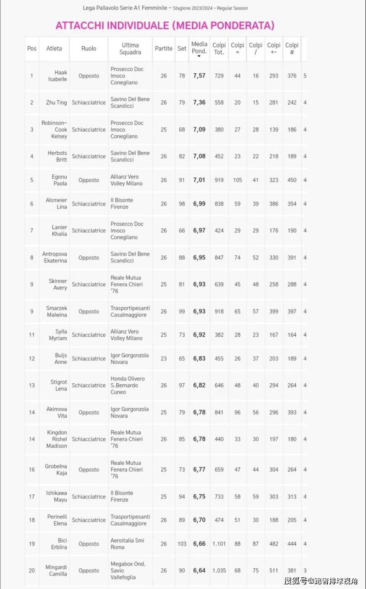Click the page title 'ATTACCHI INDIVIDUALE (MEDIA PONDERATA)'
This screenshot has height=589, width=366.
165,25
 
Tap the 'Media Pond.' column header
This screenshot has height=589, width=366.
199,48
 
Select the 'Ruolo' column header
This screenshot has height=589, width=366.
89,49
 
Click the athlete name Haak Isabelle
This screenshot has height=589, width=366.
58,76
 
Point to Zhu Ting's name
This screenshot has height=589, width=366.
56,103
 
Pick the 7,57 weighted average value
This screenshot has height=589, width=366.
199,76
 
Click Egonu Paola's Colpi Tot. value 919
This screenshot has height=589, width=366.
219,180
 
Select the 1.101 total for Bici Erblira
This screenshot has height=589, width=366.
219,544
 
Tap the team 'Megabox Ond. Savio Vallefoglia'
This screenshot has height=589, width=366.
128,570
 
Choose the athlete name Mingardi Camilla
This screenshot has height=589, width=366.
56,570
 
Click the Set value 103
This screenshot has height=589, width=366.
182,544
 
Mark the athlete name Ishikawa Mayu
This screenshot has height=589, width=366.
57,497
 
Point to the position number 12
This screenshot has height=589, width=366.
32,359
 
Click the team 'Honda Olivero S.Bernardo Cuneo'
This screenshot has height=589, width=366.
128,385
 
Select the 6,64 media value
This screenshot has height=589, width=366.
199,570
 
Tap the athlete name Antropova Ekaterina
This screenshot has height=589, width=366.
55,257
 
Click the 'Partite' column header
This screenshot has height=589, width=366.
164,49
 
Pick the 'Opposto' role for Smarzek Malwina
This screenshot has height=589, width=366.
89,311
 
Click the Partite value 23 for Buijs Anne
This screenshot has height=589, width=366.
164,359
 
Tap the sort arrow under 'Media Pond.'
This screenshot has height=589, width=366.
199,56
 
